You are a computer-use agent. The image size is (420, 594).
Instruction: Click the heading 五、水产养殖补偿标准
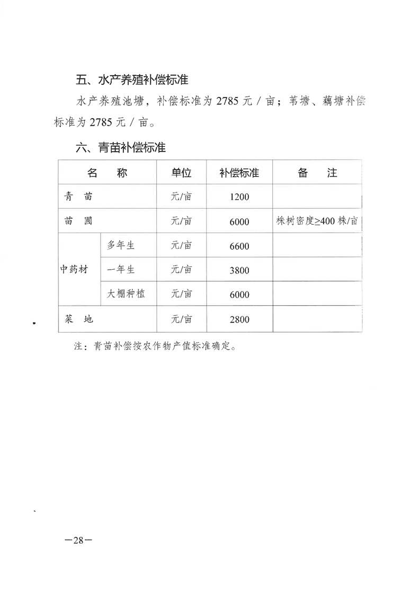tap(132, 81)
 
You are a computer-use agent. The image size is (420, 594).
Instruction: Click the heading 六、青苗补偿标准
tap(121, 148)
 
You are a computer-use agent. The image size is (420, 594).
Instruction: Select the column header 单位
tap(181, 173)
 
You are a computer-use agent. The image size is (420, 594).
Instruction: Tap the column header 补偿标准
tap(239, 173)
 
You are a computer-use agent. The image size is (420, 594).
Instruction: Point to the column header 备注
tap(317, 173)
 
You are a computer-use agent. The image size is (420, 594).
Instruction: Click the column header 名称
tap(108, 173)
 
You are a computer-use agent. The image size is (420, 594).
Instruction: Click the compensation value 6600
tap(239, 246)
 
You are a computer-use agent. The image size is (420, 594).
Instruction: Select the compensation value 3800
tap(239, 270)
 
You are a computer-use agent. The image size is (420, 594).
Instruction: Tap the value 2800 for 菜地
tap(239, 320)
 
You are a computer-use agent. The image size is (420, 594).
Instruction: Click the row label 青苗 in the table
tap(78, 197)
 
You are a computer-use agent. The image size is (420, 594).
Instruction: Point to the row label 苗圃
tap(78, 221)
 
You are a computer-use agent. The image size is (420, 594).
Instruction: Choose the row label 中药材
tap(73, 270)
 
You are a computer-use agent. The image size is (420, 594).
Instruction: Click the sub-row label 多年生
tap(121, 245)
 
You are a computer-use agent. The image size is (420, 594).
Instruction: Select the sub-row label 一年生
tap(121, 270)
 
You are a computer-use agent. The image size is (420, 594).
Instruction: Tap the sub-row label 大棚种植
tap(126, 294)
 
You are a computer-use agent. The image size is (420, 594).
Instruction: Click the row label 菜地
tap(78, 319)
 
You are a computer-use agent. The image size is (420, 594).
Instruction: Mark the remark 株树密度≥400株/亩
tap(317, 221)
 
